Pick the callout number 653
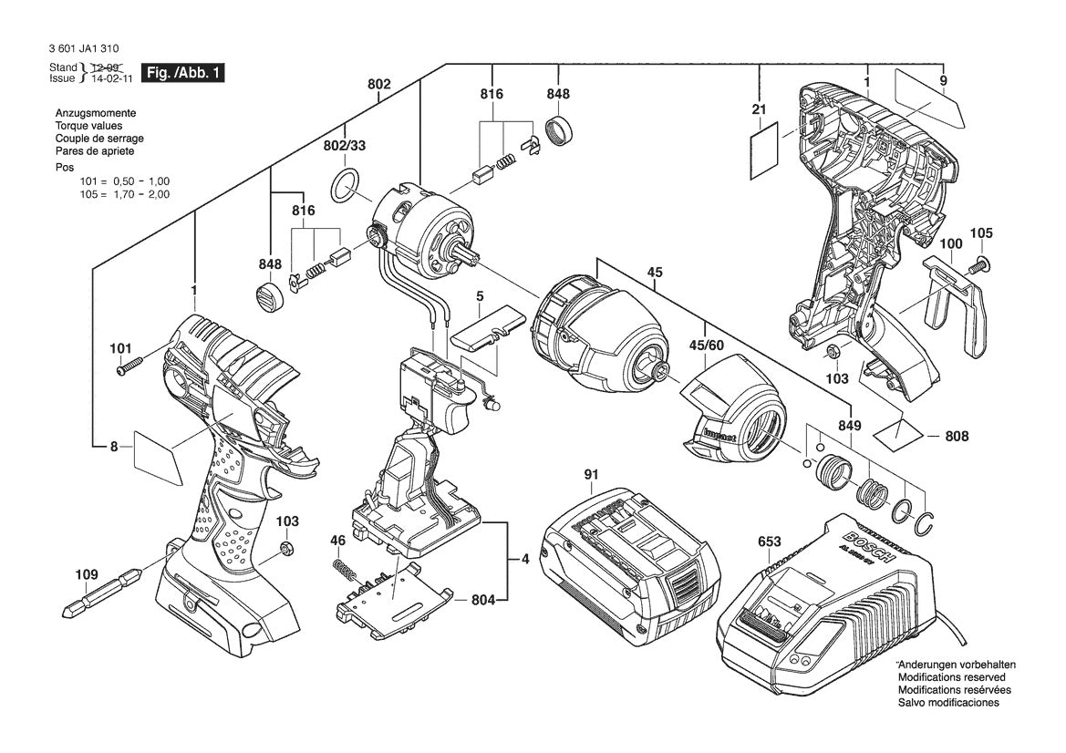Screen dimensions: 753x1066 coord(770,542)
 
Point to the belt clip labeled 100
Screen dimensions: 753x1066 coord(957,305)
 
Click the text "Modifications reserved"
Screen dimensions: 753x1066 coord(951,677)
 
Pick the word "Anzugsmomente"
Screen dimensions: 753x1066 coord(88,113)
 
